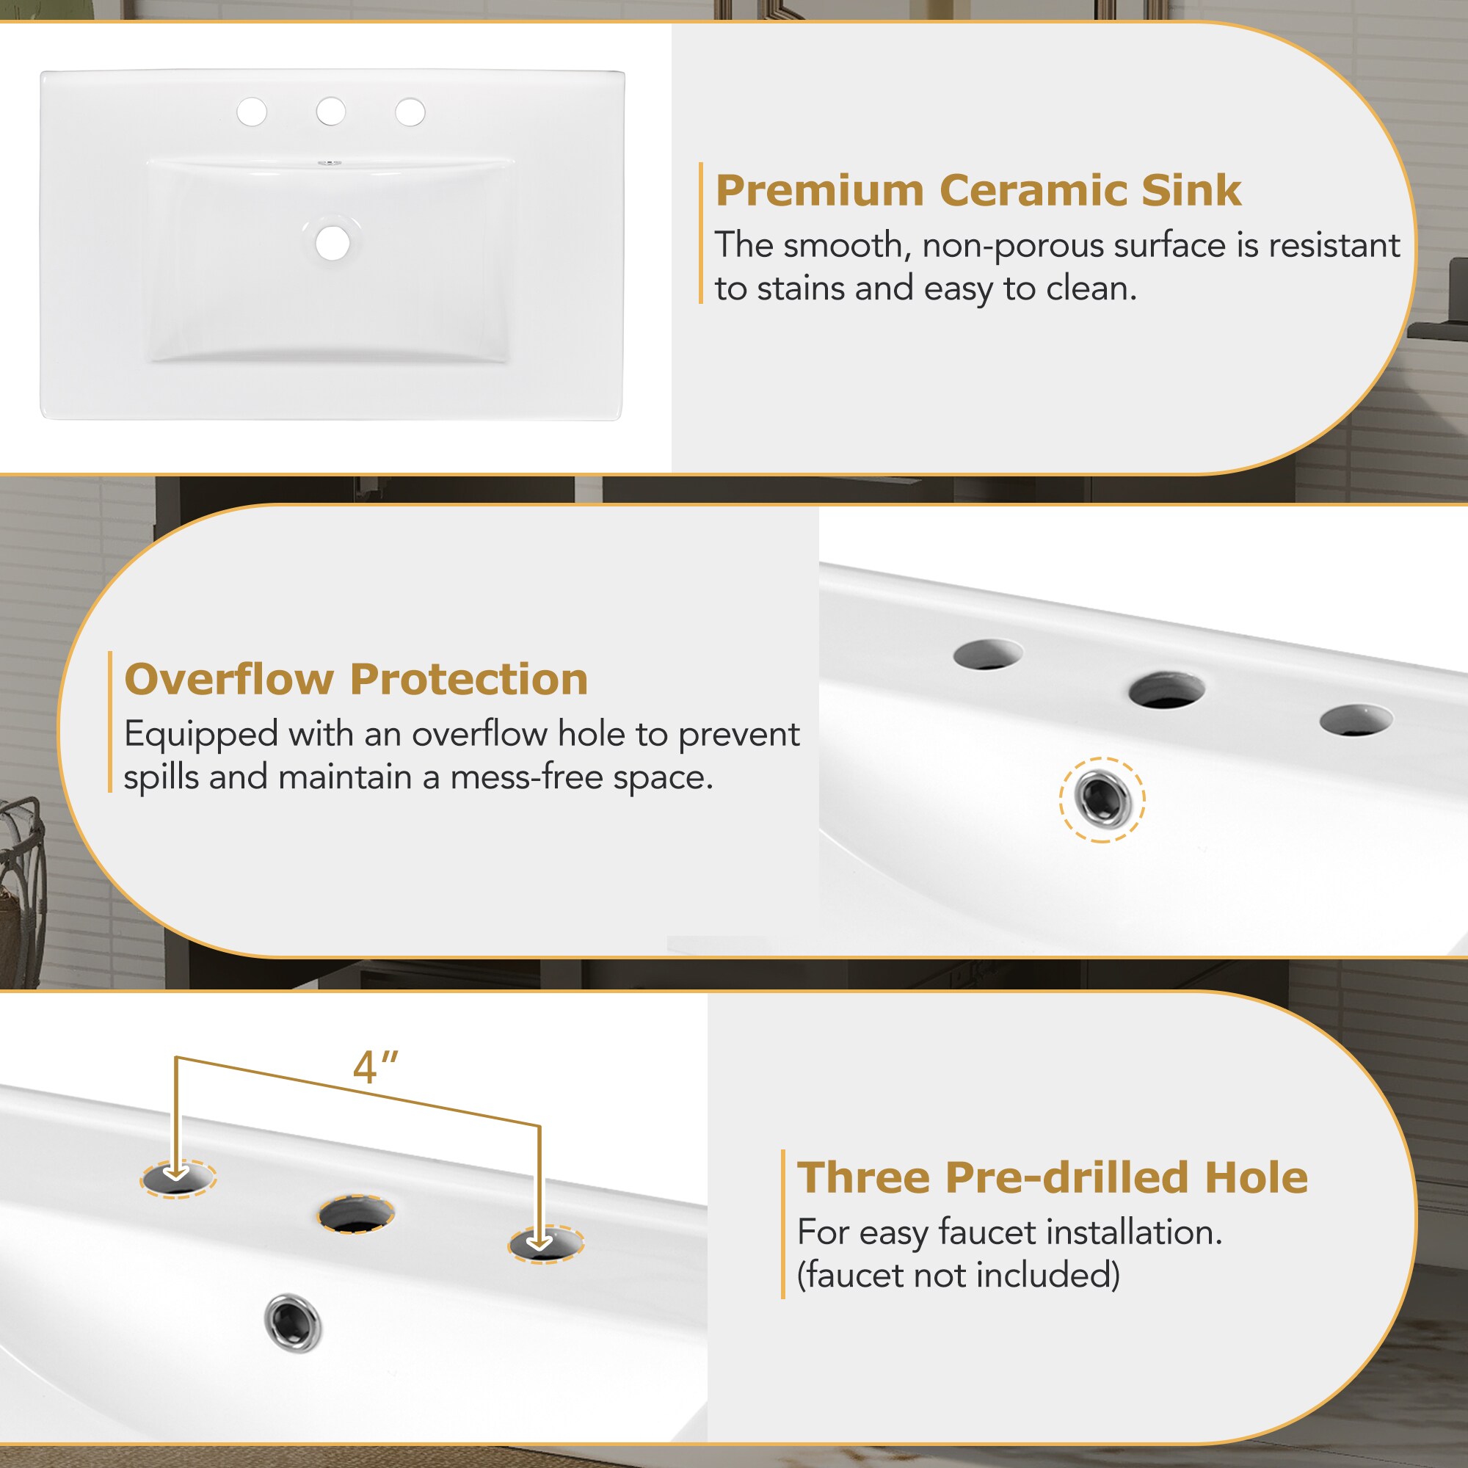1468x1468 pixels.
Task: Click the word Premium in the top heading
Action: pyautogui.click(x=818, y=190)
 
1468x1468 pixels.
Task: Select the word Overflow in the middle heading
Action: pyautogui.click(x=229, y=678)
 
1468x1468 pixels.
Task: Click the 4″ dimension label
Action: pyautogui.click(x=375, y=1067)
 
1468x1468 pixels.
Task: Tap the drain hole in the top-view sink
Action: pyautogui.click(x=333, y=242)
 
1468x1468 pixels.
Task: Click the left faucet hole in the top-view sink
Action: pyautogui.click(x=252, y=112)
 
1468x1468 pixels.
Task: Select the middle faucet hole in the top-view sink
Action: pyautogui.click(x=330, y=112)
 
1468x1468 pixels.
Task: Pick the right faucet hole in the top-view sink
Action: pyautogui.click(x=410, y=112)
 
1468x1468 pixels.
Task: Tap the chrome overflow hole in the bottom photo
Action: pyautogui.click(x=293, y=1322)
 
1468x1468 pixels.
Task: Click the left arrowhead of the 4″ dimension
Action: pyautogui.click(x=177, y=1174)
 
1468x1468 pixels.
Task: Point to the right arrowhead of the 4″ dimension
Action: pyautogui.click(x=539, y=1243)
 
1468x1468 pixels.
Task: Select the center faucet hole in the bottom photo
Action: pyautogui.click(x=355, y=1213)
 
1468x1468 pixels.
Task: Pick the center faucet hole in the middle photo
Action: pyautogui.click(x=1166, y=690)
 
